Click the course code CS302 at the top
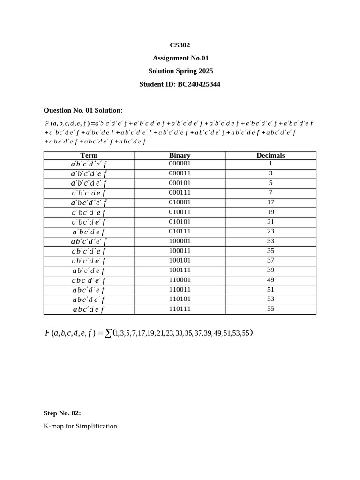pos(180,45)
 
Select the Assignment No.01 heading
pos(180,58)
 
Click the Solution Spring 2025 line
pos(180,71)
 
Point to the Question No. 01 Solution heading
pos(83,110)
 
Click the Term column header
pos(89,155)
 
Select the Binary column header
pos(180,155)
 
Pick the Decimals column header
pos(270,155)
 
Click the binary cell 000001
pos(180,164)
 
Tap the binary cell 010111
pos(180,231)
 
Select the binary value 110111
pos(180,309)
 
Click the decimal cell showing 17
pos(270,202)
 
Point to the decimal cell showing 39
pos(270,270)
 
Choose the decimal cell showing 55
pos(270,309)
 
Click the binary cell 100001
pos(180,241)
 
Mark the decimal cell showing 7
pos(270,193)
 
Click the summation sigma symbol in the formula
pos(108,333)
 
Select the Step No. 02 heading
pos(62,413)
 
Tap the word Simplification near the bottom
pos(96,426)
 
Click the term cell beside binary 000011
pos(89,173)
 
